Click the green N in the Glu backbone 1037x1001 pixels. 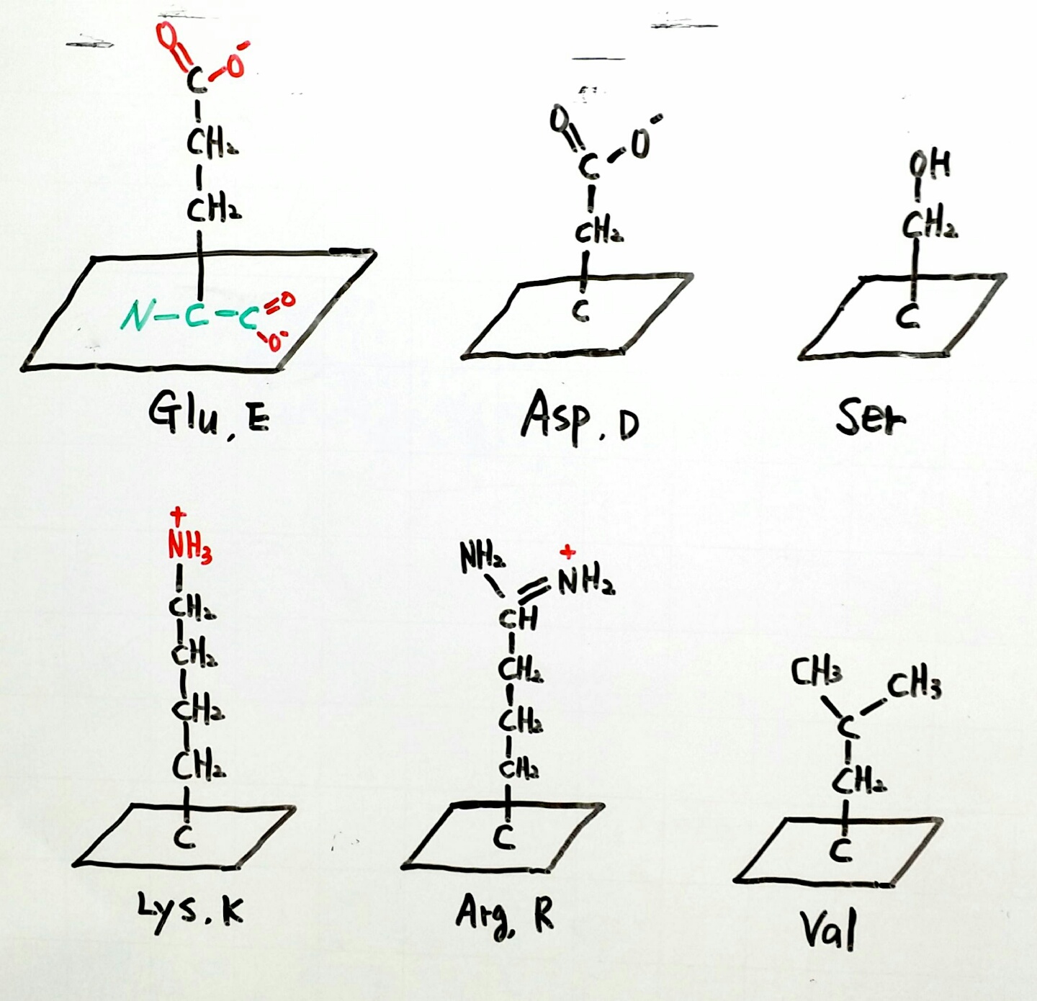click(135, 315)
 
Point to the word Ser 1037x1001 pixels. click(871, 417)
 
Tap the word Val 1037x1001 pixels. click(829, 928)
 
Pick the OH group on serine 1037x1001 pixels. click(930, 165)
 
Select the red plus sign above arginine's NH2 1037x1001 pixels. click(568, 552)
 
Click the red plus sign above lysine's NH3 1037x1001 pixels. click(177, 514)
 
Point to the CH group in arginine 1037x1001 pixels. click(518, 616)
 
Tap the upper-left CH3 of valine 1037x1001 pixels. click(816, 672)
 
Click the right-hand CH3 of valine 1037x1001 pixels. click(914, 685)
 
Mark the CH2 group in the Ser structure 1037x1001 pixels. click(930, 225)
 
